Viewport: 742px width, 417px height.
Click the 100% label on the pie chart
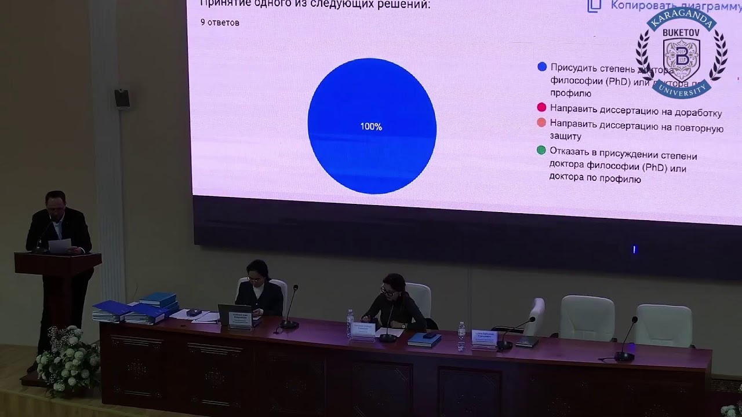371,126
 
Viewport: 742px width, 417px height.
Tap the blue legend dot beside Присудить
542,67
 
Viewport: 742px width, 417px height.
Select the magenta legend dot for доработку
541,107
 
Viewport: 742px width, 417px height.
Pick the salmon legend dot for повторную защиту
541,122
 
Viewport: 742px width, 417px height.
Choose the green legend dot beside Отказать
541,150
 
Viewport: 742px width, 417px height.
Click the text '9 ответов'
220,23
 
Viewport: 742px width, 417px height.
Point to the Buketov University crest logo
681,53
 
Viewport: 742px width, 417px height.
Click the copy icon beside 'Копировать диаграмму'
594,6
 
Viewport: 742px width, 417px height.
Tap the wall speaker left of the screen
122,98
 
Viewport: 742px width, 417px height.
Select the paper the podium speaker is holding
59,245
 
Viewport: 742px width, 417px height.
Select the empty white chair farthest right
663,325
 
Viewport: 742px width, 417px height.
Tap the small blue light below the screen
634,250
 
